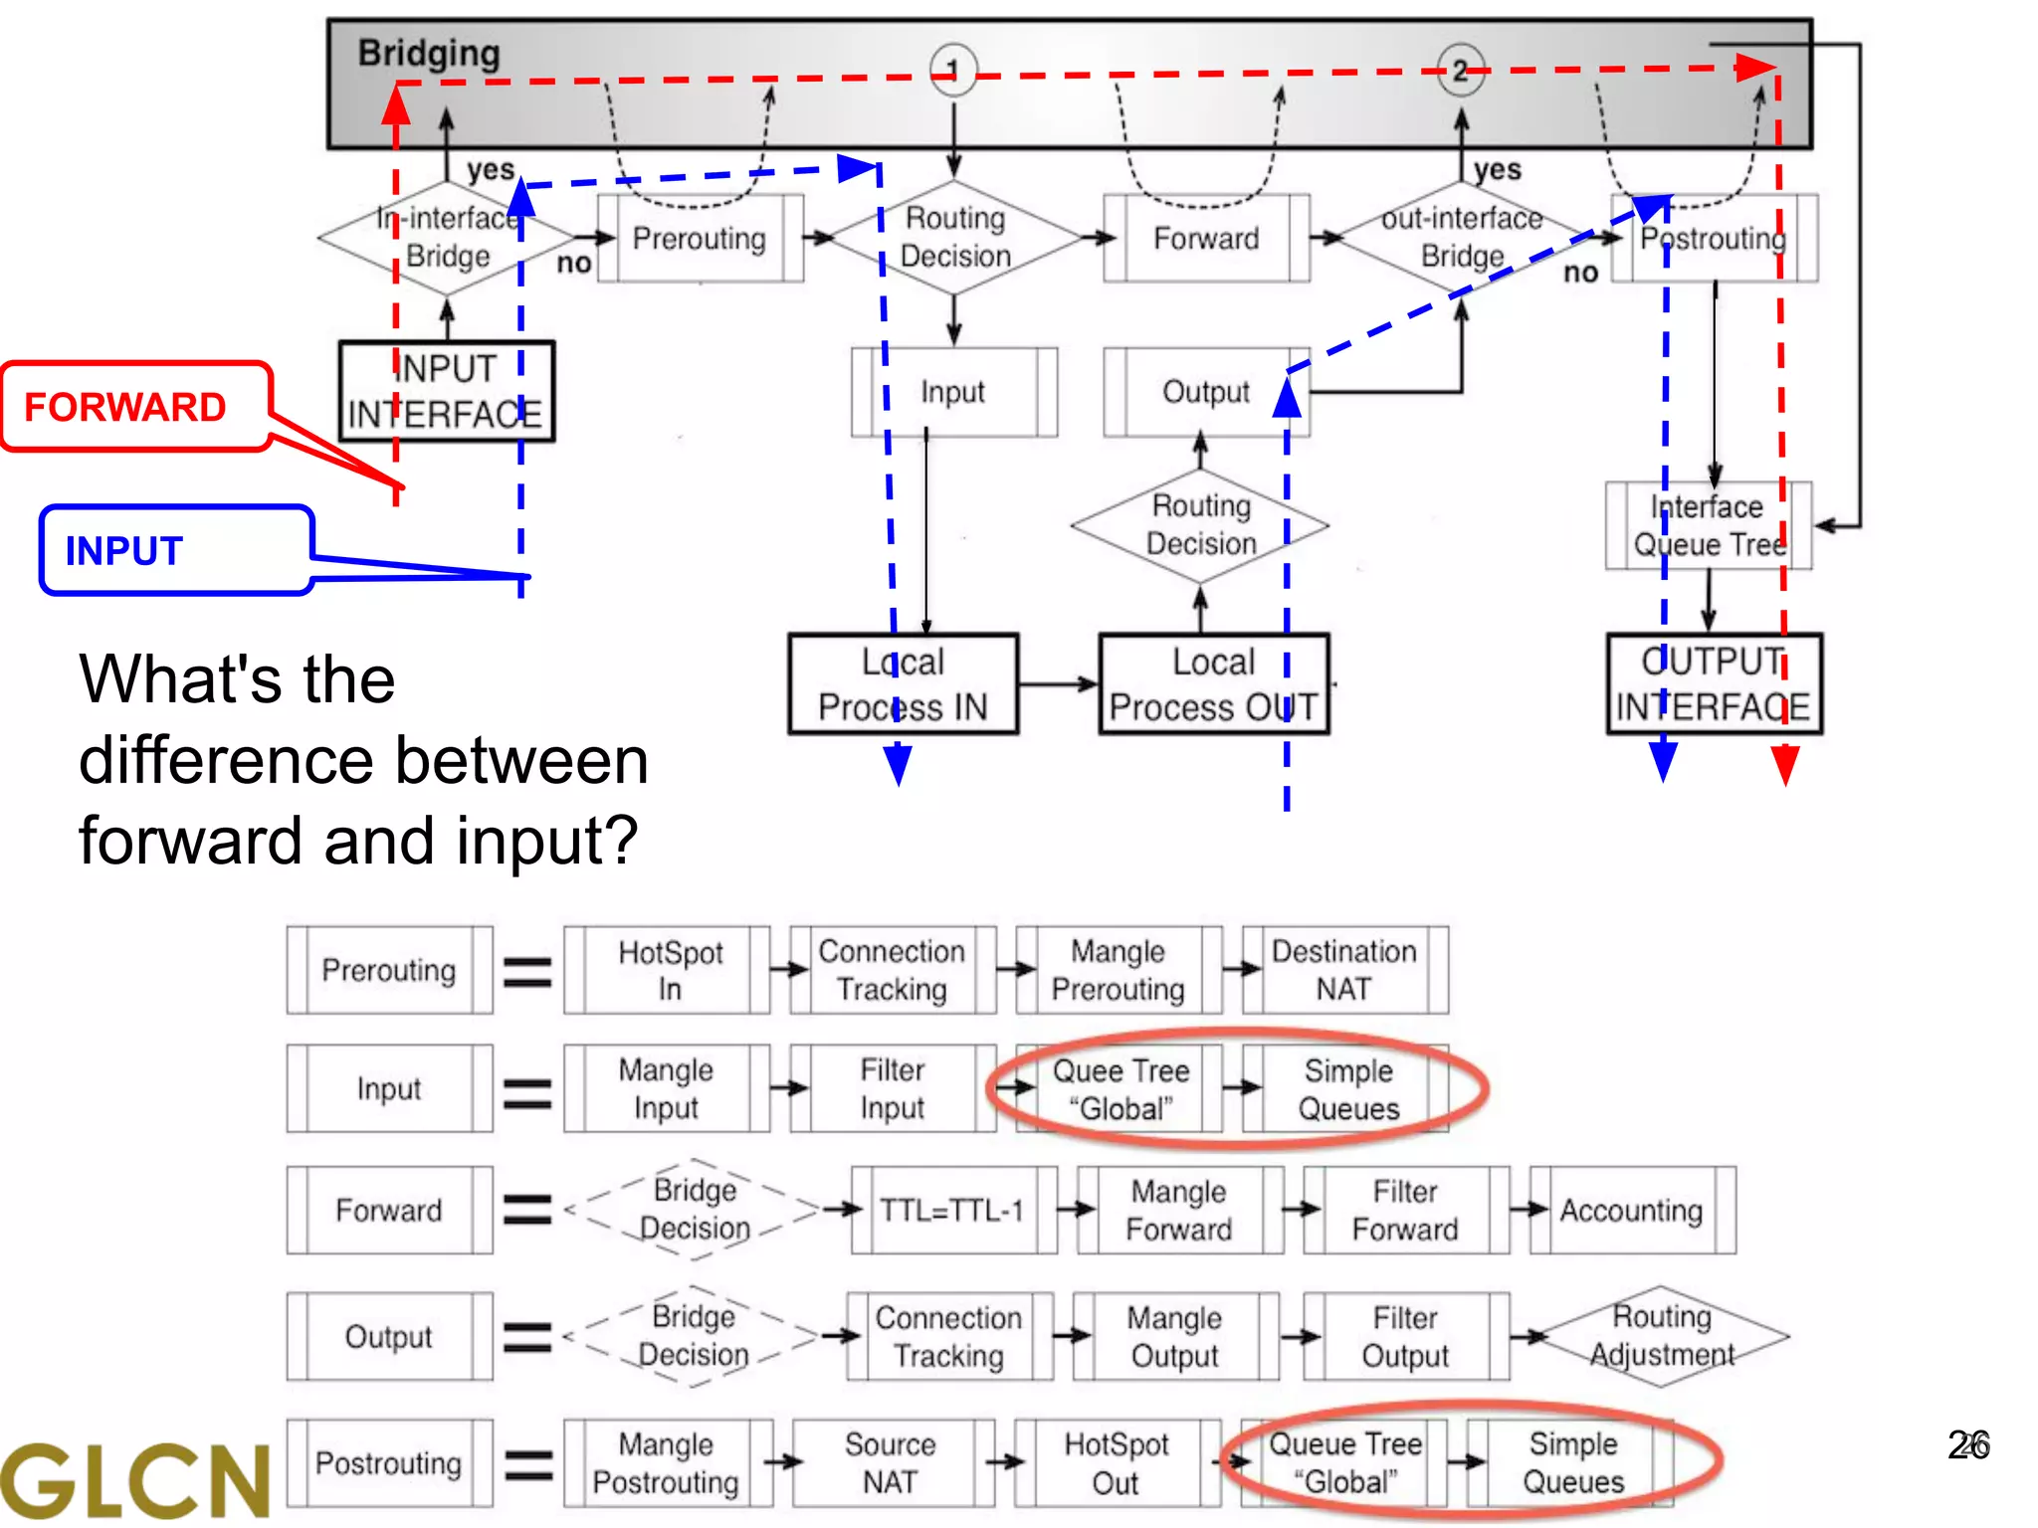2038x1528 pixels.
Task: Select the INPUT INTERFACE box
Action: [x=446, y=391]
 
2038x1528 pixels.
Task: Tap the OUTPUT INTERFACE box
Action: [x=1714, y=683]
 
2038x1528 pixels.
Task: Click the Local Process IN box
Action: [x=903, y=683]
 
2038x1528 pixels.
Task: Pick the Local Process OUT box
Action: [x=1213, y=683]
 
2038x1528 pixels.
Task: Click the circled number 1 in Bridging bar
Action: [x=952, y=70]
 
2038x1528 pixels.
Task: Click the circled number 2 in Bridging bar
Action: [x=1460, y=70]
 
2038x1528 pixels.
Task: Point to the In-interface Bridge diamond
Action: [x=447, y=237]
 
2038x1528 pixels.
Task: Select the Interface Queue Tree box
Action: [x=1708, y=525]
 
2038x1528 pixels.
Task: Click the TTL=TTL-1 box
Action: [x=952, y=1210]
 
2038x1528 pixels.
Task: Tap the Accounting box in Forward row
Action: [x=1631, y=1210]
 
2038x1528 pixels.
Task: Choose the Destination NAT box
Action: [x=1344, y=970]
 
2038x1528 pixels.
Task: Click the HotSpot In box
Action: [x=669, y=970]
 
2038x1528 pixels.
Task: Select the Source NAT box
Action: [x=891, y=1462]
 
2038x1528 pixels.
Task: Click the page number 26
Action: [x=1968, y=1444]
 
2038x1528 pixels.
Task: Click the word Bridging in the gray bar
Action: [x=429, y=53]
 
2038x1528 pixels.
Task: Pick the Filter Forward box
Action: [x=1404, y=1210]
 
